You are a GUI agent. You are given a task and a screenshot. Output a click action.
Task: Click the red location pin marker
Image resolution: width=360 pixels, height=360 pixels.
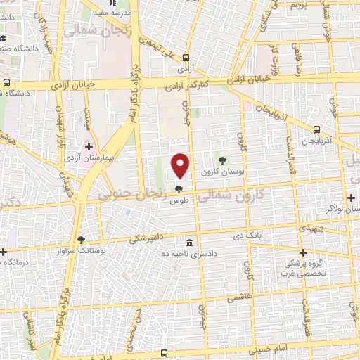coord(181,165)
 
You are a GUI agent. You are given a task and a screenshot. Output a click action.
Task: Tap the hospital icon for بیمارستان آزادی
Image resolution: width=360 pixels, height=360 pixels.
coord(89,147)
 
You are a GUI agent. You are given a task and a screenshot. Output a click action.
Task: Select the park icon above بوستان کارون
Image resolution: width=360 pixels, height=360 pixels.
coord(224,160)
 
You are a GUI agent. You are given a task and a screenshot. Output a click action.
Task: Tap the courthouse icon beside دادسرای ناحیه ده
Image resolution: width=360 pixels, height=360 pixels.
coord(188,241)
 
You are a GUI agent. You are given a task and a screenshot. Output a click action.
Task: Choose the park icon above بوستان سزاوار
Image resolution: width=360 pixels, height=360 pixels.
coord(82,240)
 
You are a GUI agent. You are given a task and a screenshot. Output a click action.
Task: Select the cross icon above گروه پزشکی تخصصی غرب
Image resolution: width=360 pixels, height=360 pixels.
coord(304,252)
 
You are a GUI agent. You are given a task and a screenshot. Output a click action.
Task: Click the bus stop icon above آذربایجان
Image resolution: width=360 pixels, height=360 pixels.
coord(316,129)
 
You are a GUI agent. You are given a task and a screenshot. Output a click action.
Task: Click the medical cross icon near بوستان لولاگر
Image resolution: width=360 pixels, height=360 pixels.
coord(351,198)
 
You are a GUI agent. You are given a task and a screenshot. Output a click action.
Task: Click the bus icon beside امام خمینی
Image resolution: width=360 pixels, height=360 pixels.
coord(165,353)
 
